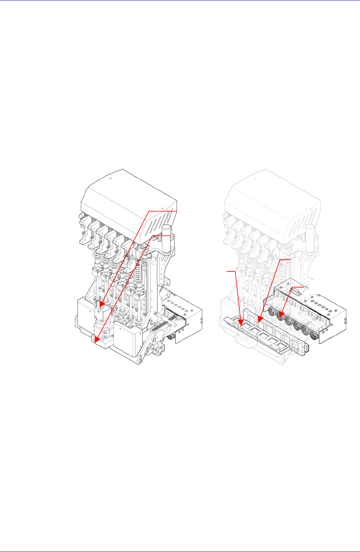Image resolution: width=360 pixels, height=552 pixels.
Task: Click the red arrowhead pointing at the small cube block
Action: coord(102,304)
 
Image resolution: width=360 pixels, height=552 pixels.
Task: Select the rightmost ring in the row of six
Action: coord(314,336)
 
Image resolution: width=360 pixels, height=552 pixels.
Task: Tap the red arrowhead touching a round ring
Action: coord(281,315)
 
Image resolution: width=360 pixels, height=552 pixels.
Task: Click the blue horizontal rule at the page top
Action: coord(180,1)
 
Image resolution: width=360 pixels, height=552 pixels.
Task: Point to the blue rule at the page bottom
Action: coord(180,550)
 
